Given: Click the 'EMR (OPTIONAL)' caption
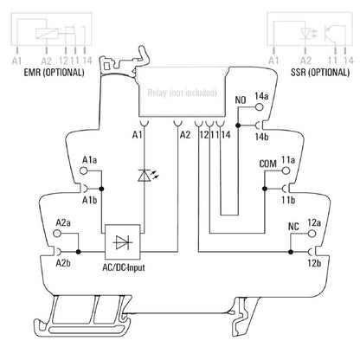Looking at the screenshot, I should point(48,73).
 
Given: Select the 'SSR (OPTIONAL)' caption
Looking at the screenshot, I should point(309,73).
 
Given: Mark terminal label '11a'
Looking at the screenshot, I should point(288,162).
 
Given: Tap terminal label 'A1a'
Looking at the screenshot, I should point(88,162).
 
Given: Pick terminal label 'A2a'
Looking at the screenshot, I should point(63,222).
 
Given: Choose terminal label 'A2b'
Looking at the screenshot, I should point(63,260).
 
